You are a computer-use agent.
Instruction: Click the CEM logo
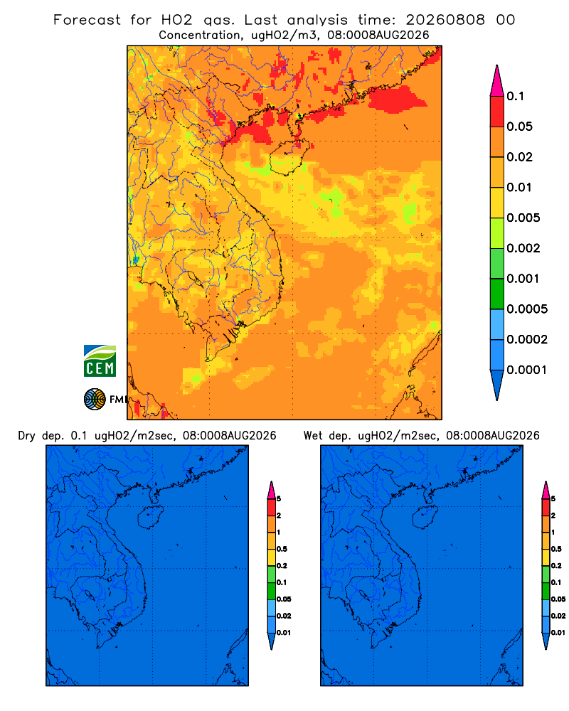click(x=100, y=360)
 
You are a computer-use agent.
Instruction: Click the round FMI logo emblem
click(x=95, y=399)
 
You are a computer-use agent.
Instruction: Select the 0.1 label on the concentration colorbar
click(x=515, y=96)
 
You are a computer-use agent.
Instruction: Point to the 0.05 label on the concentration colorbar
click(x=519, y=127)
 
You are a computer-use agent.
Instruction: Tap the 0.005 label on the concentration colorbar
click(x=523, y=218)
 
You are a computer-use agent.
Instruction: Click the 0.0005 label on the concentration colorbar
click(x=527, y=309)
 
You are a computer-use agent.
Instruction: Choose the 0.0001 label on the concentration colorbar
click(x=527, y=370)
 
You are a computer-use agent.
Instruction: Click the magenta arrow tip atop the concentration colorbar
click(x=497, y=80)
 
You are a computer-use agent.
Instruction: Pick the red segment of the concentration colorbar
click(x=497, y=112)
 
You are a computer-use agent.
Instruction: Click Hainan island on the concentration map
click(x=289, y=157)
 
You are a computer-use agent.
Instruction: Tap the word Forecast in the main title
click(x=87, y=20)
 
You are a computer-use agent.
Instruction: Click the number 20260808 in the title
click(x=445, y=20)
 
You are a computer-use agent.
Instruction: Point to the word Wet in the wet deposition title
click(x=312, y=436)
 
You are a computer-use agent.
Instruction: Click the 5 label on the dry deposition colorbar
click(x=279, y=499)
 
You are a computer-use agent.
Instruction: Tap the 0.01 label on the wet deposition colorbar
click(x=558, y=633)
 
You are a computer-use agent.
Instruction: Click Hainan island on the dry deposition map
click(x=150, y=518)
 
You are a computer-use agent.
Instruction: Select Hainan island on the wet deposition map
click(x=425, y=518)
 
